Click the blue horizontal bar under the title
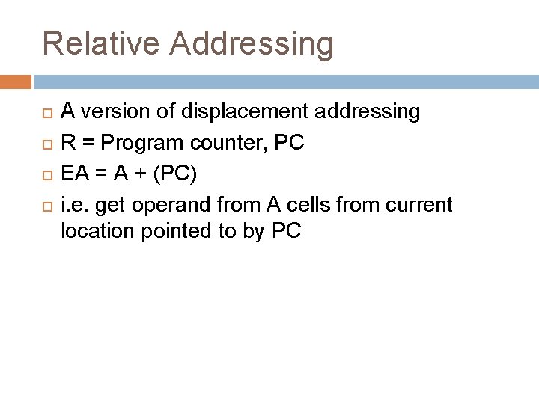tap(284, 81)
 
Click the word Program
tap(138, 142)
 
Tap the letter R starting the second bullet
tap(67, 142)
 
